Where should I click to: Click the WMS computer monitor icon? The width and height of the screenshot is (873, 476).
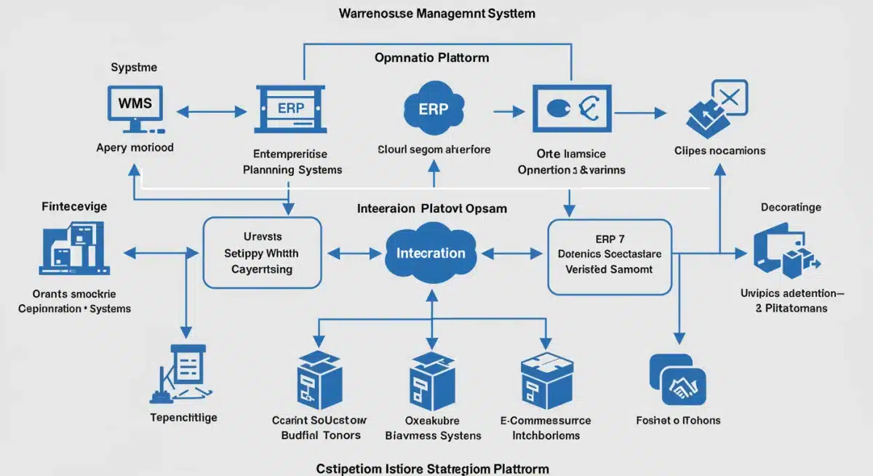pyautogui.click(x=135, y=108)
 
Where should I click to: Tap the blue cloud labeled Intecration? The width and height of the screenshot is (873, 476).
pyautogui.click(x=431, y=254)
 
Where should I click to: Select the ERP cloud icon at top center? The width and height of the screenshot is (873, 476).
pyautogui.click(x=434, y=108)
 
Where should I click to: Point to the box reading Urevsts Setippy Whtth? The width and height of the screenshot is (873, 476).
pyautogui.click(x=261, y=253)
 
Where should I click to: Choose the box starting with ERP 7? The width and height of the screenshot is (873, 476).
pyautogui.click(x=609, y=258)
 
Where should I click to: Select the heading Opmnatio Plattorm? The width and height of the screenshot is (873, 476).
pyautogui.click(x=432, y=57)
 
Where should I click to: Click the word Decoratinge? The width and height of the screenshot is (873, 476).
pyautogui.click(x=791, y=207)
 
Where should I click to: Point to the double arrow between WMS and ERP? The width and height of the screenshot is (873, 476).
pyautogui.click(x=212, y=112)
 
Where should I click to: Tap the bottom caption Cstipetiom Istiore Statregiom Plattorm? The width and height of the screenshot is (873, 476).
pyautogui.click(x=432, y=468)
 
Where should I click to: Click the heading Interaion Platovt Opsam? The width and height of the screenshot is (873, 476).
pyautogui.click(x=432, y=208)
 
